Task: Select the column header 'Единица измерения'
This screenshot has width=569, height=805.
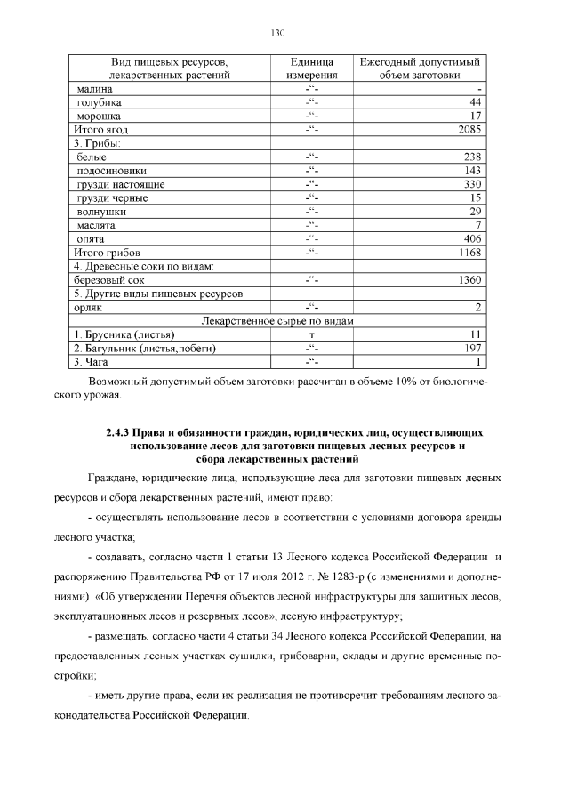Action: click(311, 68)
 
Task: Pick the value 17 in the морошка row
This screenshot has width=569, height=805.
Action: click(475, 117)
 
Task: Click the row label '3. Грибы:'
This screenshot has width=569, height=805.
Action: click(98, 143)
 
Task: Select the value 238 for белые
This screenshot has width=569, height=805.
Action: click(473, 157)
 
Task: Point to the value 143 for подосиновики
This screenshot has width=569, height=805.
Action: click(473, 171)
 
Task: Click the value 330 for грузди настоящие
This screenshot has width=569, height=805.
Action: click(473, 184)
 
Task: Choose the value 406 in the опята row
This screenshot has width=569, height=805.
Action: click(473, 239)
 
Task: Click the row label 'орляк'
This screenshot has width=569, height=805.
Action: click(92, 308)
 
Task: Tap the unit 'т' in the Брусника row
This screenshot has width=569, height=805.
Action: click(311, 334)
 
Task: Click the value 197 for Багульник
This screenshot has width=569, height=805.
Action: click(473, 348)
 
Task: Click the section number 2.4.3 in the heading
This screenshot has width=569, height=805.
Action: click(118, 433)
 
